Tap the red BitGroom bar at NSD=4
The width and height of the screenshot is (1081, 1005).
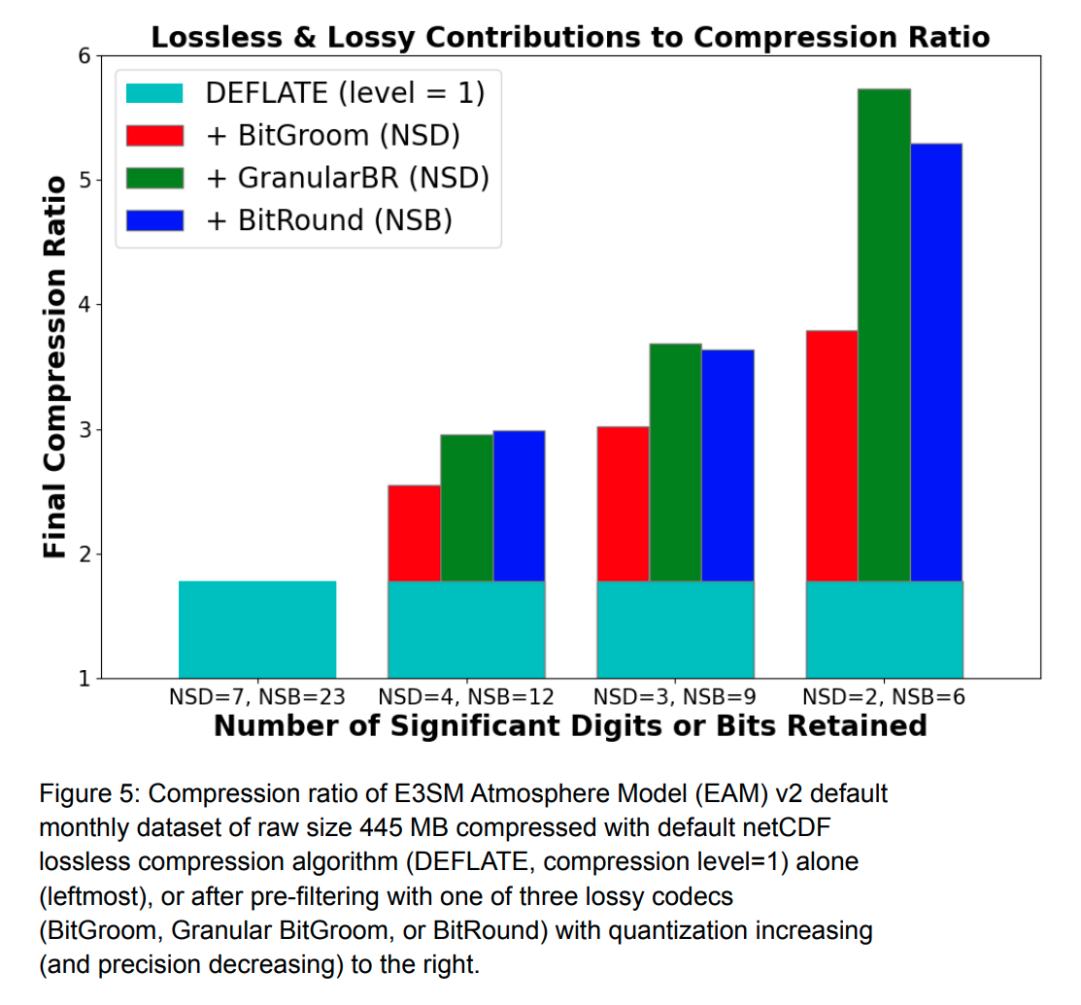click(x=414, y=533)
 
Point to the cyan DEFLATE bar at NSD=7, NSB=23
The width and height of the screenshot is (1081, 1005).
click(x=257, y=629)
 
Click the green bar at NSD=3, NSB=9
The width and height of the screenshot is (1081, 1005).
click(x=675, y=462)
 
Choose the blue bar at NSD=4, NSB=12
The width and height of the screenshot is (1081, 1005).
click(x=519, y=506)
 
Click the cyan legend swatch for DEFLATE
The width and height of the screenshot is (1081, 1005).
click(x=154, y=92)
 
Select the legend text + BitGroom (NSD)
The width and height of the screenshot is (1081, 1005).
click(x=333, y=135)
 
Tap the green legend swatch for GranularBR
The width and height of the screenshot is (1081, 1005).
click(x=154, y=178)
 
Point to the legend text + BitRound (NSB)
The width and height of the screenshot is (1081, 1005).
click(x=329, y=220)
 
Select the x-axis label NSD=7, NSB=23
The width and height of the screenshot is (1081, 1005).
click(x=257, y=696)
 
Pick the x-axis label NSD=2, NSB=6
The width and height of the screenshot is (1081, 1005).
click(x=884, y=696)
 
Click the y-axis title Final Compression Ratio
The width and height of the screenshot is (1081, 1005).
click(x=55, y=367)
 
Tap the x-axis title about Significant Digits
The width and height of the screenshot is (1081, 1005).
click(x=570, y=725)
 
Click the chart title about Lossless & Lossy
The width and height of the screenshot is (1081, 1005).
click(x=570, y=37)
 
